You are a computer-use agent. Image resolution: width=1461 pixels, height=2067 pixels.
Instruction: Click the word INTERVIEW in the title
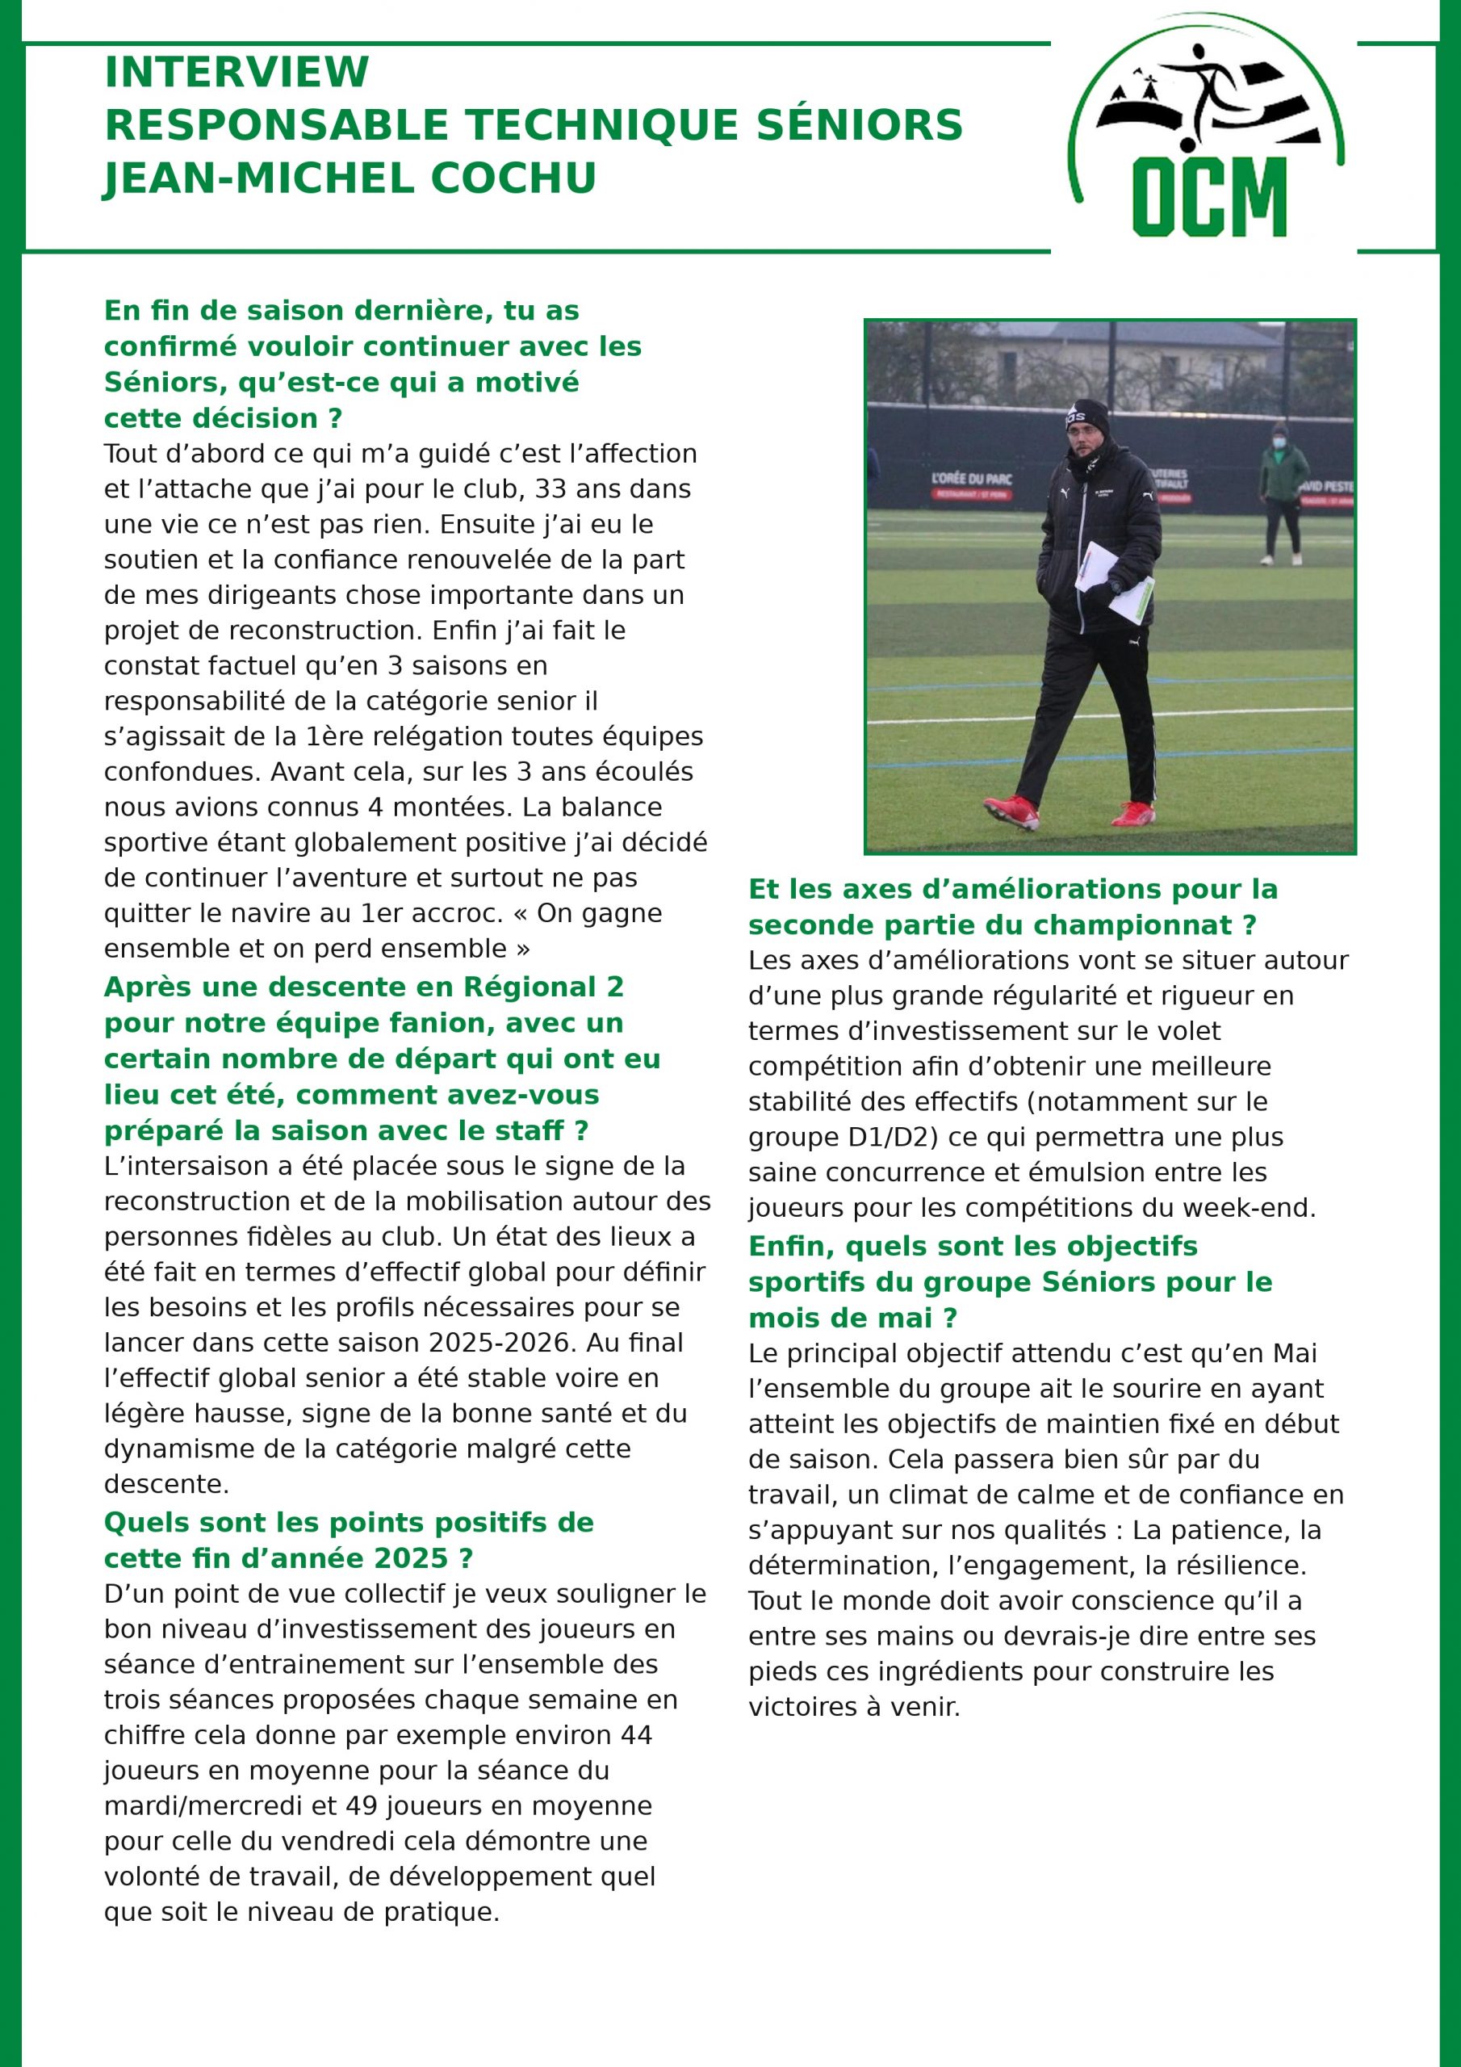237,72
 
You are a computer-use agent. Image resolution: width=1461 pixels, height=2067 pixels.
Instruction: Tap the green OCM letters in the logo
1209,196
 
